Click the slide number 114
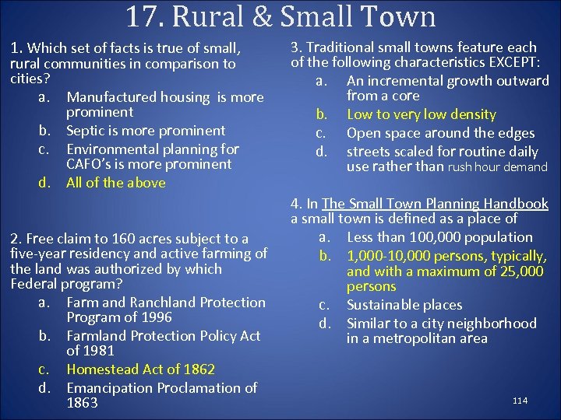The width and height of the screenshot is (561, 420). pyautogui.click(x=520, y=401)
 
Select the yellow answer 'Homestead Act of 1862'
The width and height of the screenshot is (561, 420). pyautogui.click(x=140, y=369)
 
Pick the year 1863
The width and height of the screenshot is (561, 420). pyautogui.click(x=82, y=403)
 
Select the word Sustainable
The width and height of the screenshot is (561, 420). pyautogui.click(x=383, y=305)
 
